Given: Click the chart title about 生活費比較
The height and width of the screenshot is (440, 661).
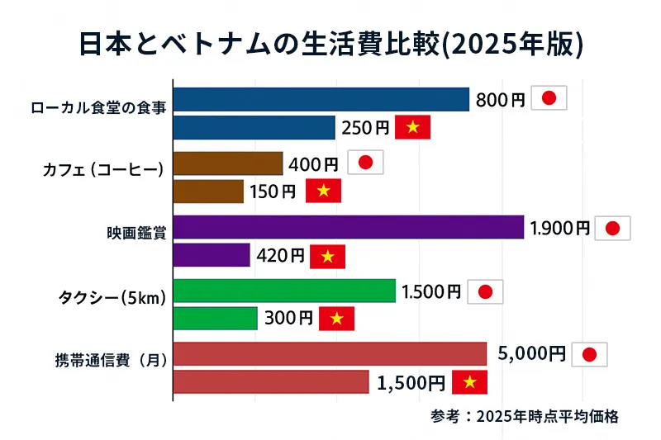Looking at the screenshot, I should coord(330,44).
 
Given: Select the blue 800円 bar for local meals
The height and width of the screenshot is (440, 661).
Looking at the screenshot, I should coord(321,99).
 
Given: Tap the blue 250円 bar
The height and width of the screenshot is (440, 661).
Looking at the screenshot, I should coord(254,127).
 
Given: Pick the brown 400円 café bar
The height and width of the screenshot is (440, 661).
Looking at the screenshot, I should coord(228,163).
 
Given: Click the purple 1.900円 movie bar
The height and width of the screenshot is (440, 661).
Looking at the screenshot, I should coord(349,227).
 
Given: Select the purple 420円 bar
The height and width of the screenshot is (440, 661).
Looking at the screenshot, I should coord(212,255).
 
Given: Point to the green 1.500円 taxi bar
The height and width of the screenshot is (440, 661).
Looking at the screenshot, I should coord(284,291).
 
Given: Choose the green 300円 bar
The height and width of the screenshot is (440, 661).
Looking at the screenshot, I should coord(216,318).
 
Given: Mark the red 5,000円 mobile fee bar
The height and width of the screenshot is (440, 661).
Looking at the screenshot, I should coord(330,353).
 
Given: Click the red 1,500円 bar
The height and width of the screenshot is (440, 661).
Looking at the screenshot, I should coord(271,381).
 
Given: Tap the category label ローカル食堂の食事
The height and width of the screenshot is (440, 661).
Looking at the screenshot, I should coord(98,108).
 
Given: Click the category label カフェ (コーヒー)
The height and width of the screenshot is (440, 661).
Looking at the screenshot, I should coord(105,170).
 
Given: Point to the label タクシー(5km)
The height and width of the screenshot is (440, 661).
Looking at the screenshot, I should coord(111,298).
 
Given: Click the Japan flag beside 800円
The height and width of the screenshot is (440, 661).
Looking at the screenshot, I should coord(549,99).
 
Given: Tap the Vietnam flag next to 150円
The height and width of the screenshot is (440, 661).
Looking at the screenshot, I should coord(323,191).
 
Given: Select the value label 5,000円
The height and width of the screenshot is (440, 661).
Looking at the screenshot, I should coord(531,353).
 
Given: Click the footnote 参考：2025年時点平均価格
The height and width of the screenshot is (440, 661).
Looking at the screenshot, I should coord(525,416).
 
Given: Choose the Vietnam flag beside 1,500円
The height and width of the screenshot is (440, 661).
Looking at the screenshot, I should coord(469,382).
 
